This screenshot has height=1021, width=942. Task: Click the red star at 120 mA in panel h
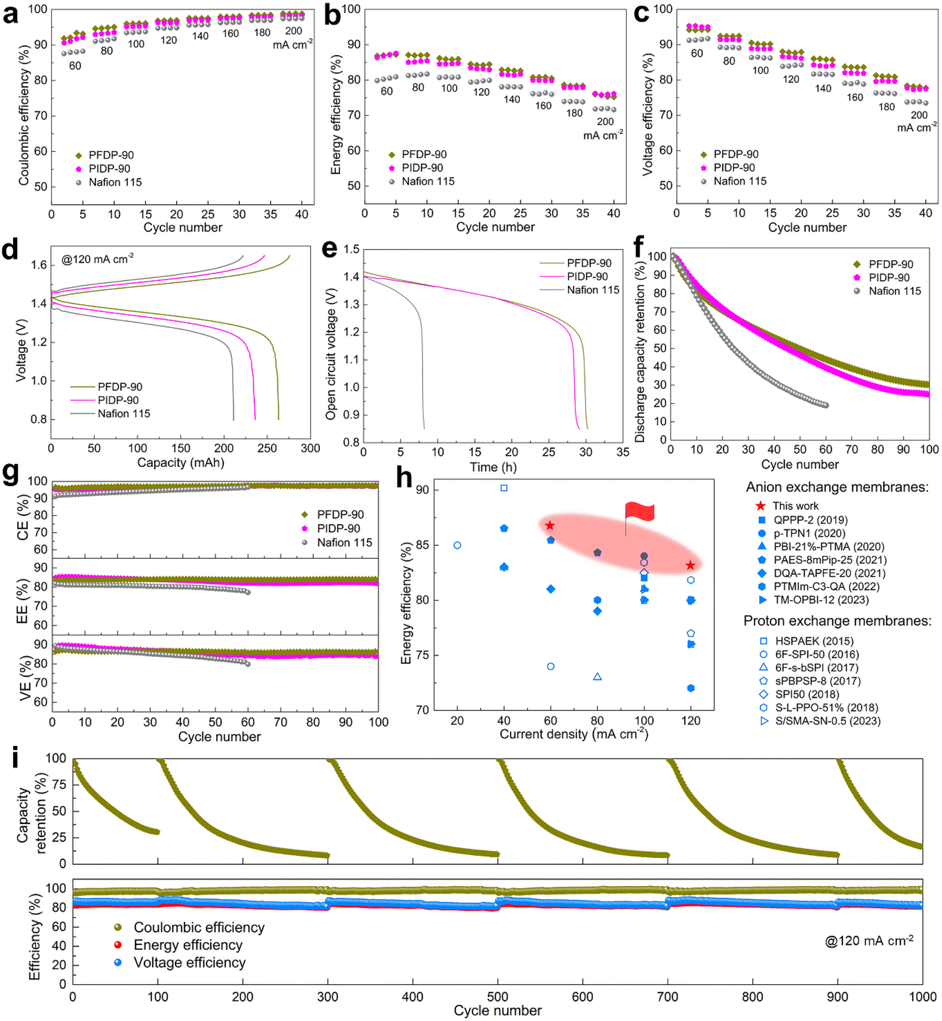pos(690,565)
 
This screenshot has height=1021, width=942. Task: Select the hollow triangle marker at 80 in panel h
pos(597,676)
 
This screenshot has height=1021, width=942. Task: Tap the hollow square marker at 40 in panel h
pos(504,488)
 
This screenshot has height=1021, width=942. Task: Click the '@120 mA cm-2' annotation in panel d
pos(98,259)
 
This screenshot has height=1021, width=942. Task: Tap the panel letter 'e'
pos(330,249)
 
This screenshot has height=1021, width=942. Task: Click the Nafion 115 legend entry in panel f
pos(894,291)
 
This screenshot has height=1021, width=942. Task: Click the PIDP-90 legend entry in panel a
pos(109,169)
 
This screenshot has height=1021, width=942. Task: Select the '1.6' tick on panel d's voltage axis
pos(39,265)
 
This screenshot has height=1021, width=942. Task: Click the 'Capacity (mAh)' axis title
pos(181,463)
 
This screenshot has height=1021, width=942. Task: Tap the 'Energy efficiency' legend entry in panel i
pos(188,945)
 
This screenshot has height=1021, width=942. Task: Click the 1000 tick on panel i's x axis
pos(922,997)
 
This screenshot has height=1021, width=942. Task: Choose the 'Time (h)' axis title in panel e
pos(493,467)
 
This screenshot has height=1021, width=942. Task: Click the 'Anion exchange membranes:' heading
pos(836,487)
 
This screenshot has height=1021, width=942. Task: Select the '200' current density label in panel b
pos(605,122)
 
